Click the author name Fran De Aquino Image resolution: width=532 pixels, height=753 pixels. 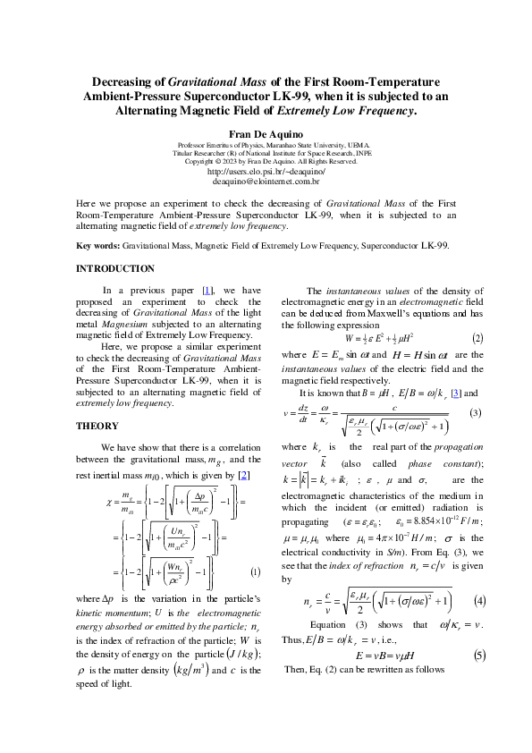point(266,133)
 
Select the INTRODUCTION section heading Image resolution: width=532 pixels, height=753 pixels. point(115,268)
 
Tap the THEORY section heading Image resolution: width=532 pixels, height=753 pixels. point(96,426)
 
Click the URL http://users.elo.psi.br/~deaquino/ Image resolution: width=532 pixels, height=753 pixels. point(266,170)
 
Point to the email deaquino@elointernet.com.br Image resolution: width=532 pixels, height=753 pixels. point(266,181)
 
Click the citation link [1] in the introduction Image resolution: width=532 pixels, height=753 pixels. point(208,290)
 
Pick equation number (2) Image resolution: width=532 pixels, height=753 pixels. point(477,338)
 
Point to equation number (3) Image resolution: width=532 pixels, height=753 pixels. point(476,412)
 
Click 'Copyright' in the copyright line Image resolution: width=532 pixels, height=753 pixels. point(202,161)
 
